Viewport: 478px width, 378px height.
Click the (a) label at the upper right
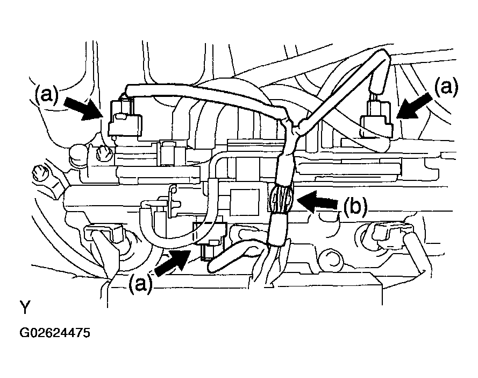click(446, 87)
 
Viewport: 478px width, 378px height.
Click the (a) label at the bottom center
click(140, 284)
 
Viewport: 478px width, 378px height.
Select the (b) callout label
click(355, 206)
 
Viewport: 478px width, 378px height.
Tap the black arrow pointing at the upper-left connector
click(83, 108)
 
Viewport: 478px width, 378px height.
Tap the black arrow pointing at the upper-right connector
click(415, 106)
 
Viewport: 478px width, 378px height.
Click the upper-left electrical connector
click(124, 117)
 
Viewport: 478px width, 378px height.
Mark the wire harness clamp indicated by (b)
click(281, 200)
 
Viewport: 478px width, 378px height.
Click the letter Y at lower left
click(25, 307)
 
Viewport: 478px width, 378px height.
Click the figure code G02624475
click(55, 333)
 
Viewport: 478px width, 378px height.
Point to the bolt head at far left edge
click(40, 173)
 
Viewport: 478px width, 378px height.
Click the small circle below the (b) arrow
click(332, 259)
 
